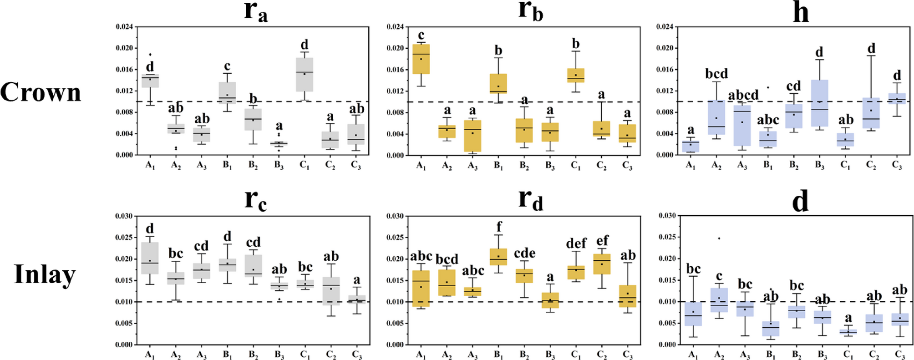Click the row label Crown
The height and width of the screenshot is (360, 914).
[41, 92]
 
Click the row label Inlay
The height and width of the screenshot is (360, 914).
[45, 274]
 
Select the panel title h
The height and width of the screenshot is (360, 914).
[801, 12]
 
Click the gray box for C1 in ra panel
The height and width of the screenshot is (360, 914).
[305, 75]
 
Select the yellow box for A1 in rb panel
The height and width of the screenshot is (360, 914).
[421, 59]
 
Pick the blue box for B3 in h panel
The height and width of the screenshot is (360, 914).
[819, 103]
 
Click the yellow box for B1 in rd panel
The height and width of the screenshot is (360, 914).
[498, 257]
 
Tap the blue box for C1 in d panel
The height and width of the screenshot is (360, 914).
[848, 332]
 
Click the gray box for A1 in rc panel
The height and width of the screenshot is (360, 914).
[150, 258]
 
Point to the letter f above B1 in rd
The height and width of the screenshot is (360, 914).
[499, 227]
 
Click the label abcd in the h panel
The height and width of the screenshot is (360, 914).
[743, 95]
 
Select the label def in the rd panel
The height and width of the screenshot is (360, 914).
[576, 243]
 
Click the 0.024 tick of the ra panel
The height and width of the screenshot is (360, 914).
[124, 27]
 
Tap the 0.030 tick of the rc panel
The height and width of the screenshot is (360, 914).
[124, 216]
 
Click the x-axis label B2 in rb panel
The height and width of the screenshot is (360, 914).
[524, 166]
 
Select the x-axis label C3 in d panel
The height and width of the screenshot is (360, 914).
[899, 355]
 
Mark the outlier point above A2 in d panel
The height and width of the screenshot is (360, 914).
[719, 238]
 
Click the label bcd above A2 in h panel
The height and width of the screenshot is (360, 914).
[716, 74]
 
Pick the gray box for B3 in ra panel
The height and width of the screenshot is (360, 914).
[279, 144]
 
